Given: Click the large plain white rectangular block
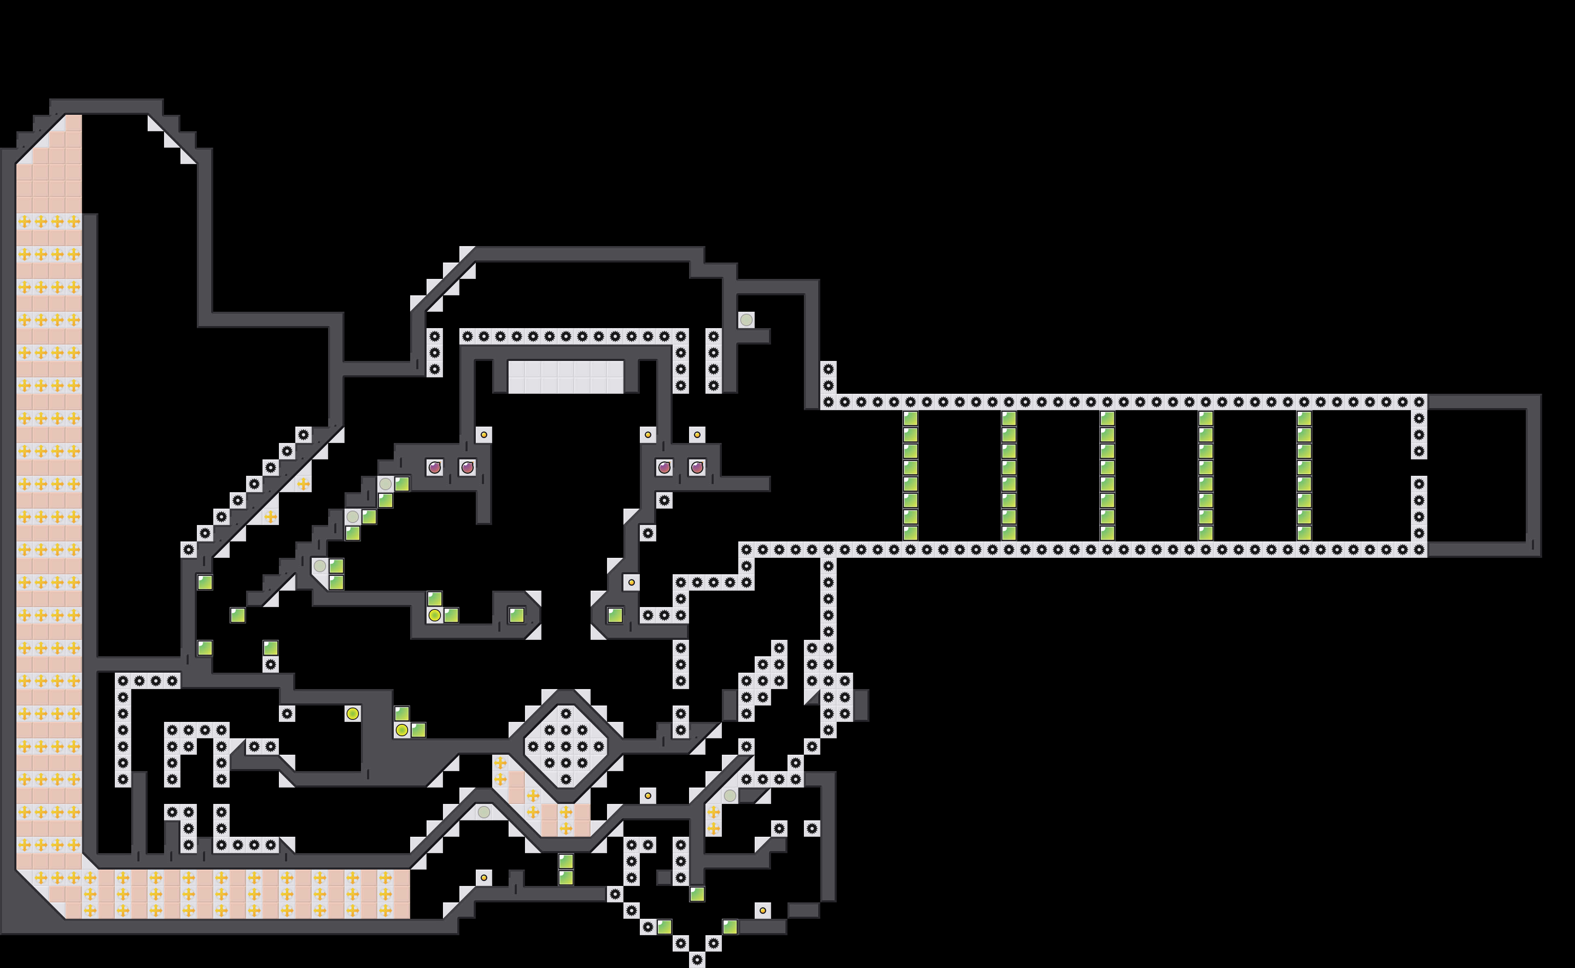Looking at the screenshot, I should [566, 377].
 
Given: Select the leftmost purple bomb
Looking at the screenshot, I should [434, 467].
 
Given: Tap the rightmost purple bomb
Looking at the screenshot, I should [697, 467].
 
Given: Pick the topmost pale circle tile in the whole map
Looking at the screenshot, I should [746, 320].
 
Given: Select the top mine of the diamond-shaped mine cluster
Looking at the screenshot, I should [566, 713].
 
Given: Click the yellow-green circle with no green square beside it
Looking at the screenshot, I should [352, 713].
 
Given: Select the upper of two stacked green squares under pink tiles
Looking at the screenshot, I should [566, 861].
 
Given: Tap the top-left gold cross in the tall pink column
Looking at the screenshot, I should [24, 221].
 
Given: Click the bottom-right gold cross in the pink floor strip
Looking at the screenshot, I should [385, 910].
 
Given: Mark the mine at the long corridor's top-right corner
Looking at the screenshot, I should [1419, 402].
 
